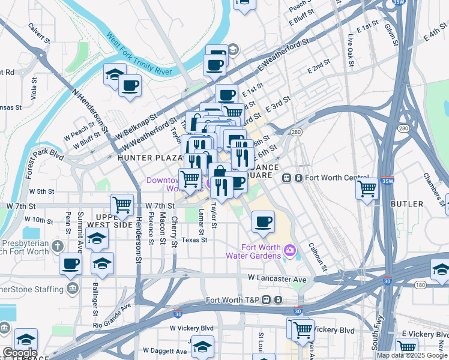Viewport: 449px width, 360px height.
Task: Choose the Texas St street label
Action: click(x=194, y=239)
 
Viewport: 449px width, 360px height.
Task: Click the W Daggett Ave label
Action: click(x=164, y=350)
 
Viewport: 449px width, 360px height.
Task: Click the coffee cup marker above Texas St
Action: click(x=263, y=223)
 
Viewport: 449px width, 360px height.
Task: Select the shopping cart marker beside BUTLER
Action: click(x=367, y=188)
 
